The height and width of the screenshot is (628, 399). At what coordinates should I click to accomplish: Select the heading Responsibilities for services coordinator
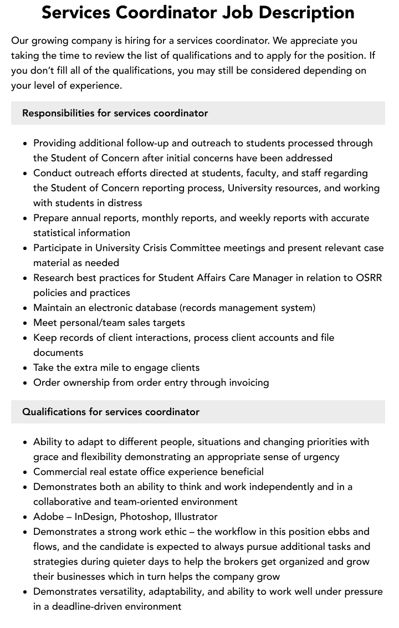tap(115, 113)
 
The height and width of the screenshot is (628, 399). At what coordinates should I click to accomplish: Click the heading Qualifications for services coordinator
tap(110, 412)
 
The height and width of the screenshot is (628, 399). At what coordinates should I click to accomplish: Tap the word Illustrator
tap(196, 517)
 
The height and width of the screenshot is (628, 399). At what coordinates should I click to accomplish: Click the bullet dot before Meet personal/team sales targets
tap(25, 323)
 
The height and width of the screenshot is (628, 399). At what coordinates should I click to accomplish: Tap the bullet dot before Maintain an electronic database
tap(25, 308)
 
